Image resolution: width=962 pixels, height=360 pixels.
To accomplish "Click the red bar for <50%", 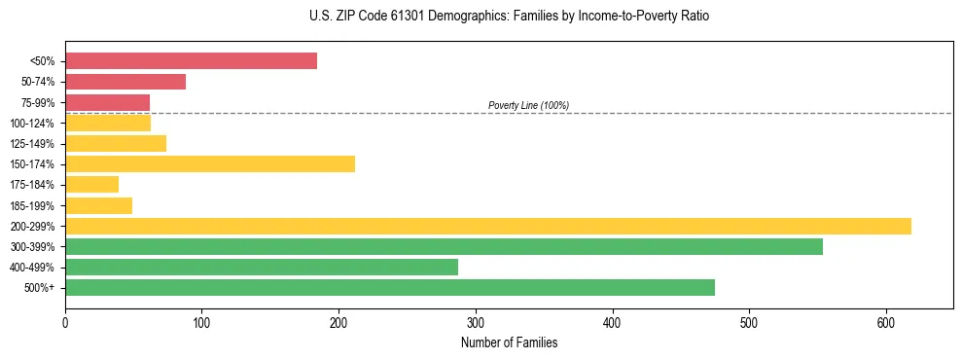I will click(x=191, y=61).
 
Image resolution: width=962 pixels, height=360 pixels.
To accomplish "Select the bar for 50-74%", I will click(x=125, y=82).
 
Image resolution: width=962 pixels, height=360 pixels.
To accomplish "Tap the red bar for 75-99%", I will click(x=107, y=102).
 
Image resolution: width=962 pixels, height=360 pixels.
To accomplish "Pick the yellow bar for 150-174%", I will click(x=210, y=164).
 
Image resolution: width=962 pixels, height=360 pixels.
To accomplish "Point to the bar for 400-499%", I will click(x=262, y=268).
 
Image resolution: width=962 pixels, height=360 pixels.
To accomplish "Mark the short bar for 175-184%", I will click(x=91, y=185).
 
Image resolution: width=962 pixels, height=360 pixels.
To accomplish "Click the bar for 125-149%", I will click(x=116, y=144).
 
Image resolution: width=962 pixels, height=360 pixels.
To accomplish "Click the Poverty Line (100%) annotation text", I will click(x=528, y=105).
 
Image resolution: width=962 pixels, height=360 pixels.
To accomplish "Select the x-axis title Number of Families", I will click(x=509, y=342).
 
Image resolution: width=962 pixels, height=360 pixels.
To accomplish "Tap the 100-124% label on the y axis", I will click(x=32, y=124).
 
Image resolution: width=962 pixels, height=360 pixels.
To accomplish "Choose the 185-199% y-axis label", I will click(x=32, y=206).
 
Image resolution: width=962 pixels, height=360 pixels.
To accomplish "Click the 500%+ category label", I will click(x=40, y=288).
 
